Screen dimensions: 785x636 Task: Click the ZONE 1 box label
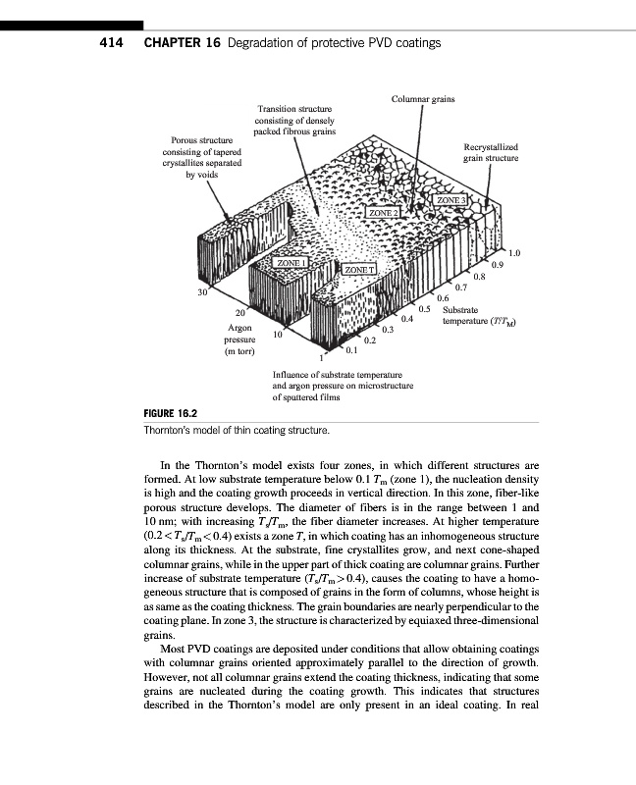[x=291, y=264]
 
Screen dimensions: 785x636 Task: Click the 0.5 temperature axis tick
[x=426, y=308]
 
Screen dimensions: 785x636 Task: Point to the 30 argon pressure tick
[x=202, y=292]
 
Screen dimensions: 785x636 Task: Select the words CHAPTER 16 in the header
[x=181, y=43]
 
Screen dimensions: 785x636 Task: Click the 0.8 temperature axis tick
[x=479, y=276]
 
